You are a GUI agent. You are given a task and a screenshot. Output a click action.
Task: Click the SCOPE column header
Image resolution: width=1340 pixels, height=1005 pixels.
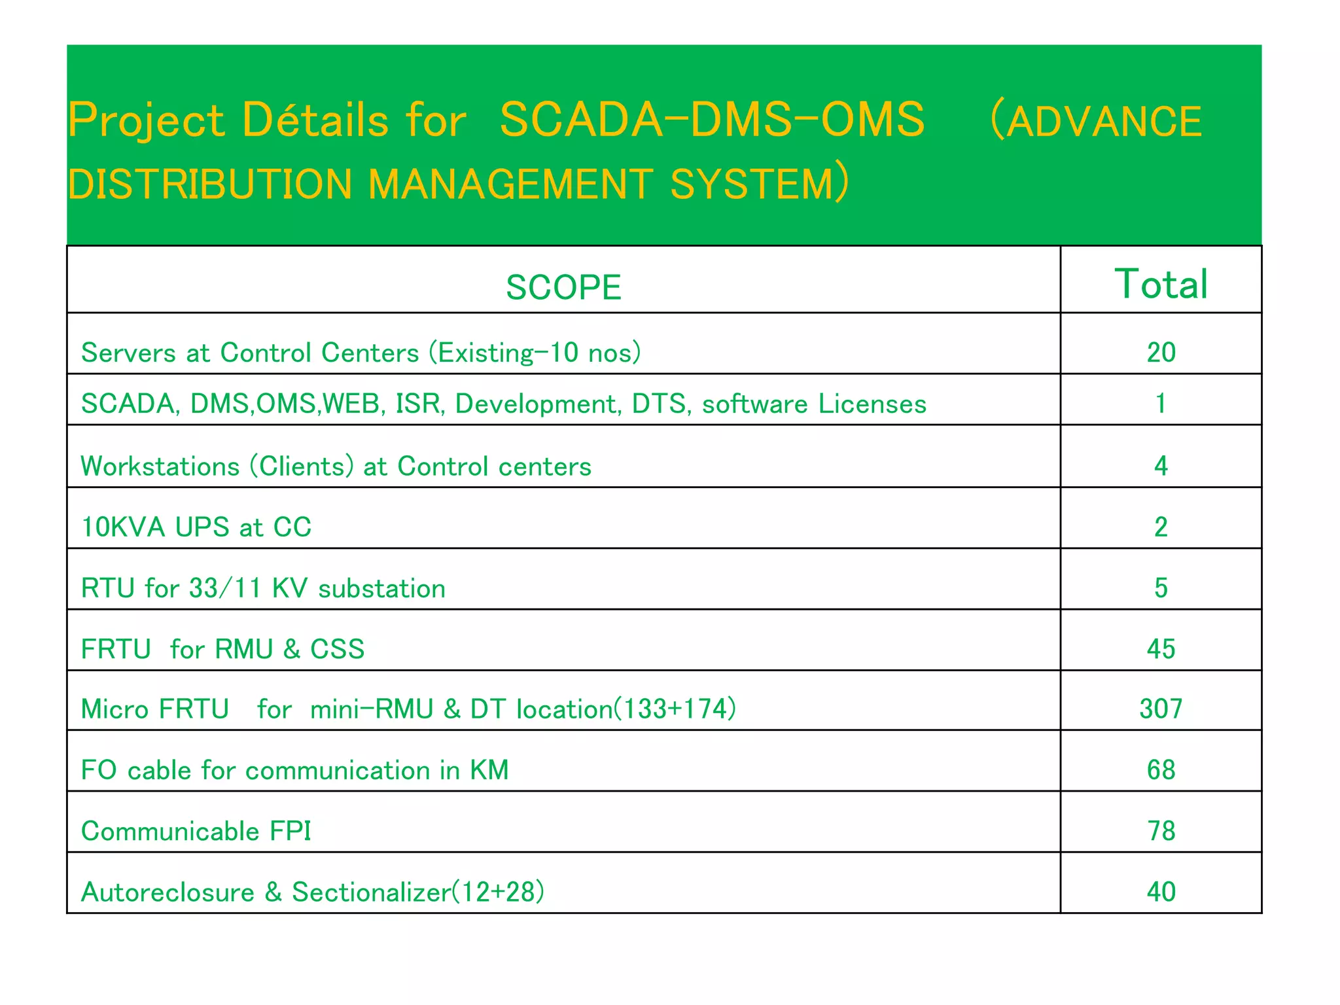(563, 287)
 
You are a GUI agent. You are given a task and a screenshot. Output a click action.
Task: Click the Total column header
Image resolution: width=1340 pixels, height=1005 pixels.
(1161, 284)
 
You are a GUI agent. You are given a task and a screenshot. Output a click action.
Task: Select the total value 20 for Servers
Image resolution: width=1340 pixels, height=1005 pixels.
(1161, 353)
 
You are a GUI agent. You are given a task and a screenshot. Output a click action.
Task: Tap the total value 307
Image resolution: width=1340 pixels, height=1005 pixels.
(1161, 709)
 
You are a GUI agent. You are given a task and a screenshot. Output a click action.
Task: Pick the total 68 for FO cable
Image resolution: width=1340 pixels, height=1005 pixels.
(1161, 770)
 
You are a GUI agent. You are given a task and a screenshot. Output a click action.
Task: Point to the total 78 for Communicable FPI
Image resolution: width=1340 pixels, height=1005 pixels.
(1161, 831)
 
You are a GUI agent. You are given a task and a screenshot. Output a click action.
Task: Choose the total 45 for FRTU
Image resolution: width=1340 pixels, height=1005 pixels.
(1161, 649)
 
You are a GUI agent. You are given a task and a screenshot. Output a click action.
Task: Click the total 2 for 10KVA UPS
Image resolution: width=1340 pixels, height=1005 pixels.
(1161, 527)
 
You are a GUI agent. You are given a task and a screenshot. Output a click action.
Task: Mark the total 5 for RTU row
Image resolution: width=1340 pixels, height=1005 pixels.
(1161, 588)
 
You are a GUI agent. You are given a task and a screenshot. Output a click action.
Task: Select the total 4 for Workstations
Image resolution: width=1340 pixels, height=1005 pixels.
(1161, 466)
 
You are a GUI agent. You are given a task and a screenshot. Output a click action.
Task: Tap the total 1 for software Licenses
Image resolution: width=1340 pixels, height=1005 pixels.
(1161, 404)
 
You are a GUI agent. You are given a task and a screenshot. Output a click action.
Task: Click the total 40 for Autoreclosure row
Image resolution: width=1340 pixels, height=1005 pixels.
(1161, 892)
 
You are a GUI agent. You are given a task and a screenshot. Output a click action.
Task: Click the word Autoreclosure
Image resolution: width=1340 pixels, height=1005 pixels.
(167, 892)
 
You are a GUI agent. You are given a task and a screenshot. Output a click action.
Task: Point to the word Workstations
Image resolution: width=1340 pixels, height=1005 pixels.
(160, 467)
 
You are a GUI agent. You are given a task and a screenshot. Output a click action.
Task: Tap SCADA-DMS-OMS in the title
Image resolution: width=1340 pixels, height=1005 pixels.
(712, 120)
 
